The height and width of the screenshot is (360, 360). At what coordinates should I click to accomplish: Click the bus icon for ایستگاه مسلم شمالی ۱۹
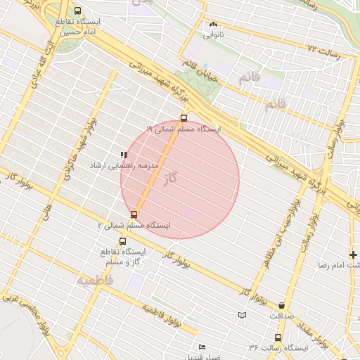pyautogui.click(x=184, y=119)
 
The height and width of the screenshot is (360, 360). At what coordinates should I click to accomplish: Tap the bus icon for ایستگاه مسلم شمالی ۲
pyautogui.click(x=134, y=214)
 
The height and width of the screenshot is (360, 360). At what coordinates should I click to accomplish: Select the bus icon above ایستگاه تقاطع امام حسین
pyautogui.click(x=77, y=11)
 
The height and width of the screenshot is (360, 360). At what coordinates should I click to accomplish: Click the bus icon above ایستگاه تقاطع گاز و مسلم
pyautogui.click(x=123, y=241)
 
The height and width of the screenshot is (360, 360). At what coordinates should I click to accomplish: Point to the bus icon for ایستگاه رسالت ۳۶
pyautogui.click(x=278, y=338)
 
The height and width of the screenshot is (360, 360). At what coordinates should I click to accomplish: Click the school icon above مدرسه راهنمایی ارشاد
pyautogui.click(x=124, y=154)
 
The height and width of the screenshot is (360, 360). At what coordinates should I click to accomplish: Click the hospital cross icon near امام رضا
pyautogui.click(x=353, y=255)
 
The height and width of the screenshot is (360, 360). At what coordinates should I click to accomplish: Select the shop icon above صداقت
pyautogui.click(x=282, y=306)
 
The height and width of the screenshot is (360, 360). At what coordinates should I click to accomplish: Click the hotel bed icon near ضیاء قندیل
pyautogui.click(x=202, y=347)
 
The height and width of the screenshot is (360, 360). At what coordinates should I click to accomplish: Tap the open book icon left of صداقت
pyautogui.click(x=242, y=315)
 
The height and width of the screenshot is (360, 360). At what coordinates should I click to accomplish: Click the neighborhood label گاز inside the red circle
pyautogui.click(x=168, y=180)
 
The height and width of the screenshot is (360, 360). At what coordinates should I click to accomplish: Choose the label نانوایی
pyautogui.click(x=214, y=34)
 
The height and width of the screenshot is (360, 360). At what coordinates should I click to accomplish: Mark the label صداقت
pyautogui.click(x=283, y=316)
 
